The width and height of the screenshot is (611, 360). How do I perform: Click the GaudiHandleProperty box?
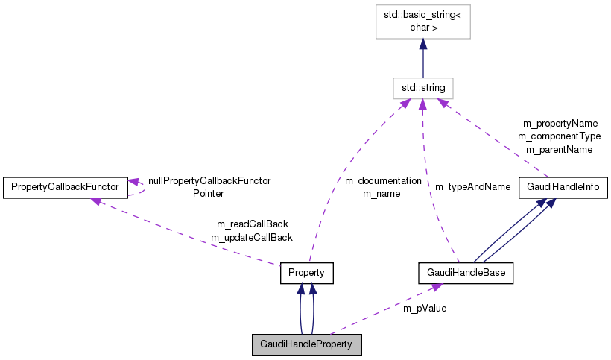[x=307, y=344]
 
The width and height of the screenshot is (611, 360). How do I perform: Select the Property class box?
[x=306, y=274]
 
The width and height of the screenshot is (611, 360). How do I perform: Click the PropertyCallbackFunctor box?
[x=65, y=187]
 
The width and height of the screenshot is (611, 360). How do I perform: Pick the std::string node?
[x=423, y=88]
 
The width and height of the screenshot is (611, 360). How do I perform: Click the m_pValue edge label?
[x=425, y=307]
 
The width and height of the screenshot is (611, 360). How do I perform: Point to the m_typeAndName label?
[x=472, y=186]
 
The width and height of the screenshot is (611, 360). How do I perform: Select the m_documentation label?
[x=383, y=181]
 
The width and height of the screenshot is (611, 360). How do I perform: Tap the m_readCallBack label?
[x=252, y=224]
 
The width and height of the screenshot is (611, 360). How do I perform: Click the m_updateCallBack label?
[x=252, y=237]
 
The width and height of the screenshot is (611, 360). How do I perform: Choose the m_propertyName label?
[x=560, y=123]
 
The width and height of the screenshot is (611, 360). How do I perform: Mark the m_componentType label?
[x=559, y=136]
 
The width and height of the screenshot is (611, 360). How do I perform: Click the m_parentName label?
[x=559, y=149]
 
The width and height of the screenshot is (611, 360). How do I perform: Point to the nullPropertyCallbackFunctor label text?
[x=209, y=180]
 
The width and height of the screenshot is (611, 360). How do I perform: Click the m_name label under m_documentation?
[x=382, y=194]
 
